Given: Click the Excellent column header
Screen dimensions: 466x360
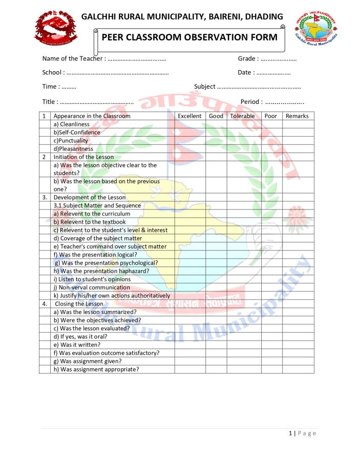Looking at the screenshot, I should click(189, 116).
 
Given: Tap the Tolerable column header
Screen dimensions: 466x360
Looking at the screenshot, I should click(242, 116).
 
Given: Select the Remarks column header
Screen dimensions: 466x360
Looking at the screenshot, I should click(297, 116).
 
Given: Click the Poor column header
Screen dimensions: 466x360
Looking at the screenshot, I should click(271, 116).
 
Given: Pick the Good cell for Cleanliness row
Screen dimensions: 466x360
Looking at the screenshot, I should click(216, 124).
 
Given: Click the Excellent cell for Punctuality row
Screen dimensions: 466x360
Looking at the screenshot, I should click(189, 141).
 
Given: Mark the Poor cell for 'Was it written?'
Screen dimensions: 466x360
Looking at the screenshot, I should click(271, 345).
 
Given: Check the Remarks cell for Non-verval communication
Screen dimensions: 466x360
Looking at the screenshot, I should click(297, 288).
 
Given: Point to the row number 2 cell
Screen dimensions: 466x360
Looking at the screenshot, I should click(45, 157).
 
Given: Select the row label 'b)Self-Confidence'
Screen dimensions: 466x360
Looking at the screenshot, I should click(77, 133).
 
